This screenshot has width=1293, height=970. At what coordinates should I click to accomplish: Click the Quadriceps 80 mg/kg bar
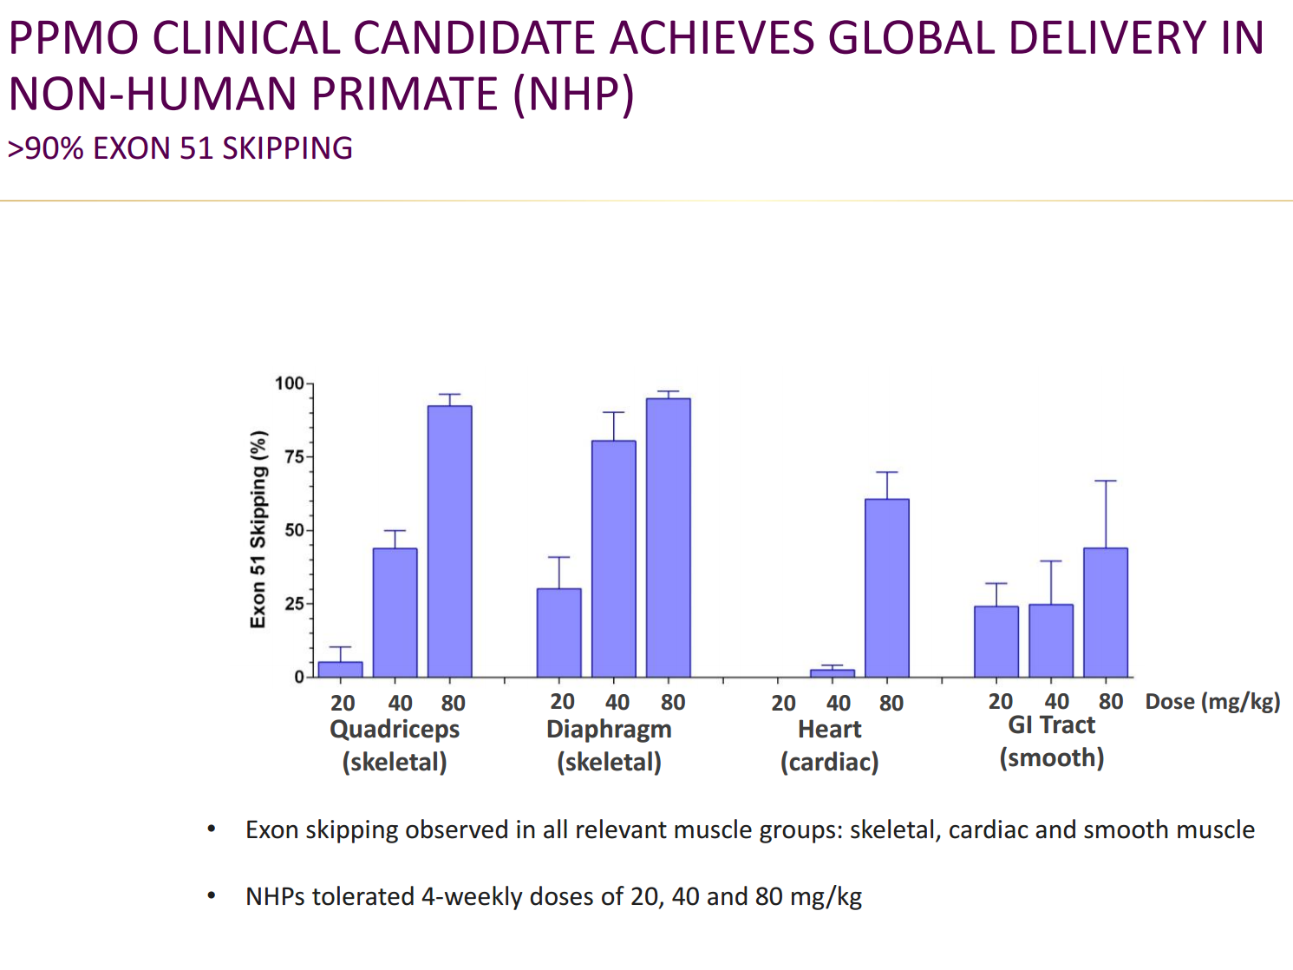pos(449,542)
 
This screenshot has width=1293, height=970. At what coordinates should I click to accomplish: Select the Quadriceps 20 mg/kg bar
pos(340,670)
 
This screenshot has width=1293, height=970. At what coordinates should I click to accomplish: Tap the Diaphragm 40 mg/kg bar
pos(613,560)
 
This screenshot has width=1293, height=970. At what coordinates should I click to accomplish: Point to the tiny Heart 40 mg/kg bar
pos(832,673)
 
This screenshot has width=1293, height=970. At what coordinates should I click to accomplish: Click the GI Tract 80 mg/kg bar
pos(1105,613)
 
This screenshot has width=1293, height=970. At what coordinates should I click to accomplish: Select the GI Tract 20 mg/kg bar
pos(996,642)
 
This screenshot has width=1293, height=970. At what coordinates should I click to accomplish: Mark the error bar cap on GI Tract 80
pos(1105,481)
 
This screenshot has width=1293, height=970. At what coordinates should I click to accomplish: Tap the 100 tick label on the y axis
pos(289,383)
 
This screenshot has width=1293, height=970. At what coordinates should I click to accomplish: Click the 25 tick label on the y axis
pos(294,604)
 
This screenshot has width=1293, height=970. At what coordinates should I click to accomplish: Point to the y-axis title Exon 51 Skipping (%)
pos(258,529)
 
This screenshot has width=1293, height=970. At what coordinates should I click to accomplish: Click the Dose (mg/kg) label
pos(1211,702)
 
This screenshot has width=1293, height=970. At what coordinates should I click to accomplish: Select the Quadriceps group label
pos(395,730)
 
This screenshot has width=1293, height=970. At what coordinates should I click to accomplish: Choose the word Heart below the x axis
pos(829,730)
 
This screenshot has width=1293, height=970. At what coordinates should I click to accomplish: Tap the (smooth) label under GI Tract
pos(1051,758)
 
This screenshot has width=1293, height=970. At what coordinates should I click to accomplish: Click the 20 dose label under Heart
pos(783,703)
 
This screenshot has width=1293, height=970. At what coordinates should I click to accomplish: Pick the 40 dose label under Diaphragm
pos(617,702)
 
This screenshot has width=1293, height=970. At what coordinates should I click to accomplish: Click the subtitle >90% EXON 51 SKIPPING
pos(180,148)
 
